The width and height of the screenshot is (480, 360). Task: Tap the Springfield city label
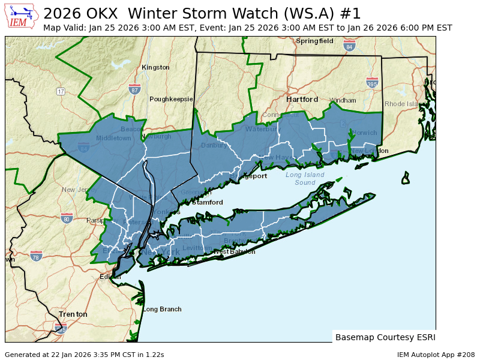314,41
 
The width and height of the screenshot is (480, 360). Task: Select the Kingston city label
155,68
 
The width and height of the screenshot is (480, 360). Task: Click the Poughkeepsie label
171,99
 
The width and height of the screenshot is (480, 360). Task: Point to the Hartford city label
302,99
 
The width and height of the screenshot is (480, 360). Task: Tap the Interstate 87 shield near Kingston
134,89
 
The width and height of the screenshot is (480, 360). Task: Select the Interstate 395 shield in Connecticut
372,83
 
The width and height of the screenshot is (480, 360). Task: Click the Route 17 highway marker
61,92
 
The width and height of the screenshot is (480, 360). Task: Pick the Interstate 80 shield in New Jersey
67,218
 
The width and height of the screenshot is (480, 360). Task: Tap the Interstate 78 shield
36,256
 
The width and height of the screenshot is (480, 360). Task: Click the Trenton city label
73,314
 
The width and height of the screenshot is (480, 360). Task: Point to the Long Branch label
162,310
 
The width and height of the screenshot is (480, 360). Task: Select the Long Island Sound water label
305,179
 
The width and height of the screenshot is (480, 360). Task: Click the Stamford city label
208,203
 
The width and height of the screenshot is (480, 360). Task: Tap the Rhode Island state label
404,104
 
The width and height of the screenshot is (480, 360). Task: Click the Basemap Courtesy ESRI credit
385,337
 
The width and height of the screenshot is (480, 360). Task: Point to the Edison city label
110,277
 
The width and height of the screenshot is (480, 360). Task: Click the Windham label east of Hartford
343,100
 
